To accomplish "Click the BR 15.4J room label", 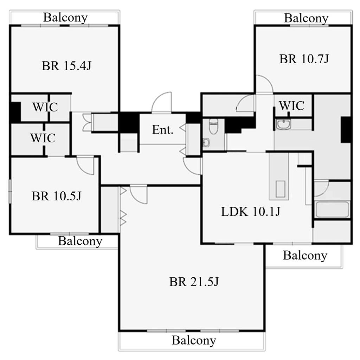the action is coord(66,66).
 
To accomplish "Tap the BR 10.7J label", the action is coord(304,59).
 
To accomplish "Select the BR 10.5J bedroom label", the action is coord(57,196).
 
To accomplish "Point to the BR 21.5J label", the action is coord(194,282).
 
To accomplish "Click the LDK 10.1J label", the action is coord(250,211).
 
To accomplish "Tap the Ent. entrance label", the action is coord(162,130).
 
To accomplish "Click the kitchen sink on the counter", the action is coord(280,189).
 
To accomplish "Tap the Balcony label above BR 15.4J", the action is coord(65,18).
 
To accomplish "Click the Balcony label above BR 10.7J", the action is coord(306,18).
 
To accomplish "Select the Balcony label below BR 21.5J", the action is coord(194,340).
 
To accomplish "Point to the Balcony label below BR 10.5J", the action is coord(80,241).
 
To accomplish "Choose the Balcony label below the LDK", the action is coord(305,256).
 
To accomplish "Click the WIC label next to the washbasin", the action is coord(292,105).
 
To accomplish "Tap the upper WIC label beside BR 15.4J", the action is coord(45,107).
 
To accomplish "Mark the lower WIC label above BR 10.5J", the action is coord(43,138).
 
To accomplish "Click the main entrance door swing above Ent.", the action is coord(162,102).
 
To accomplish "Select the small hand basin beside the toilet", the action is coord(206,143).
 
